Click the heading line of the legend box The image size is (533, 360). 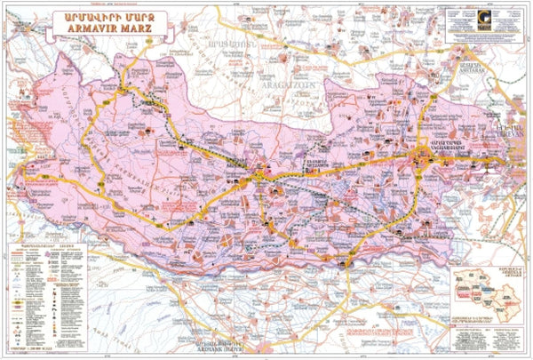point(44,246)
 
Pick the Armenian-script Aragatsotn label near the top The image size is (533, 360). point(220,42)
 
